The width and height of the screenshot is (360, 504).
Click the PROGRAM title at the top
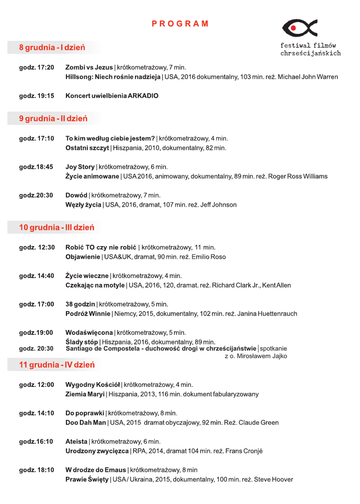click(x=180, y=24)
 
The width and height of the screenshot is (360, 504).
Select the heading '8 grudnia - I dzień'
click(x=52, y=48)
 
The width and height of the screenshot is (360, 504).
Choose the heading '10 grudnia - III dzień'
click(x=57, y=228)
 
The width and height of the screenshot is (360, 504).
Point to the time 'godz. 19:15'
click(x=36, y=96)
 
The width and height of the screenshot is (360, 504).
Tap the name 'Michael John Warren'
click(x=307, y=77)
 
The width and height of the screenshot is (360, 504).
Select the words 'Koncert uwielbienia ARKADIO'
click(x=112, y=96)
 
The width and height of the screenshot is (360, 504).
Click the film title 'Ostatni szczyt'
click(x=87, y=148)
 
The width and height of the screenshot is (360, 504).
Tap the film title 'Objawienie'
click(x=83, y=256)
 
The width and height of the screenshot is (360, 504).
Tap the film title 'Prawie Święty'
click(x=87, y=479)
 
